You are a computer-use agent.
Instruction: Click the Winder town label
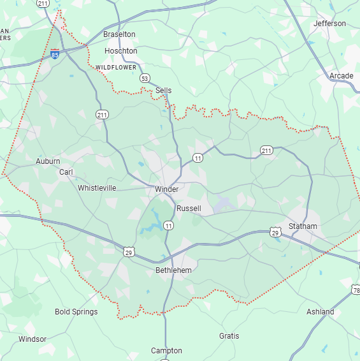166,189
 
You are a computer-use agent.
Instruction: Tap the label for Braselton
119,34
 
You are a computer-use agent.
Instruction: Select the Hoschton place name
120,51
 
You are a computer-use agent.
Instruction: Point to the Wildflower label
117,67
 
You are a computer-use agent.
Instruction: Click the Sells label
163,91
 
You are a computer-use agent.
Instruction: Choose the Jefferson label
329,24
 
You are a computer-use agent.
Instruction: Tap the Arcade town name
341,77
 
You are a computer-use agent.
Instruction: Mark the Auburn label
48,161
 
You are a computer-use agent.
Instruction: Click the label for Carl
66,172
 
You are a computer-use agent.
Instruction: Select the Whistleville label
97,188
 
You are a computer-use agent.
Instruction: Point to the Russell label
189,209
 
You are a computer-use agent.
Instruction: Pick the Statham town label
302,226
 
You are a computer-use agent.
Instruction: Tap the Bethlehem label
173,270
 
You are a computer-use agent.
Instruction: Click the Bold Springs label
76,312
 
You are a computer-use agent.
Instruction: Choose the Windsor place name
32,339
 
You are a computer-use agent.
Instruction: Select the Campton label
166,351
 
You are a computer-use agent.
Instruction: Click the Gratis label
229,336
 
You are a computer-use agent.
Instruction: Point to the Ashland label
320,312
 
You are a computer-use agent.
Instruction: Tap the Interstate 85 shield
56,54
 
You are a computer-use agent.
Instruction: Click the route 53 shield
145,78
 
